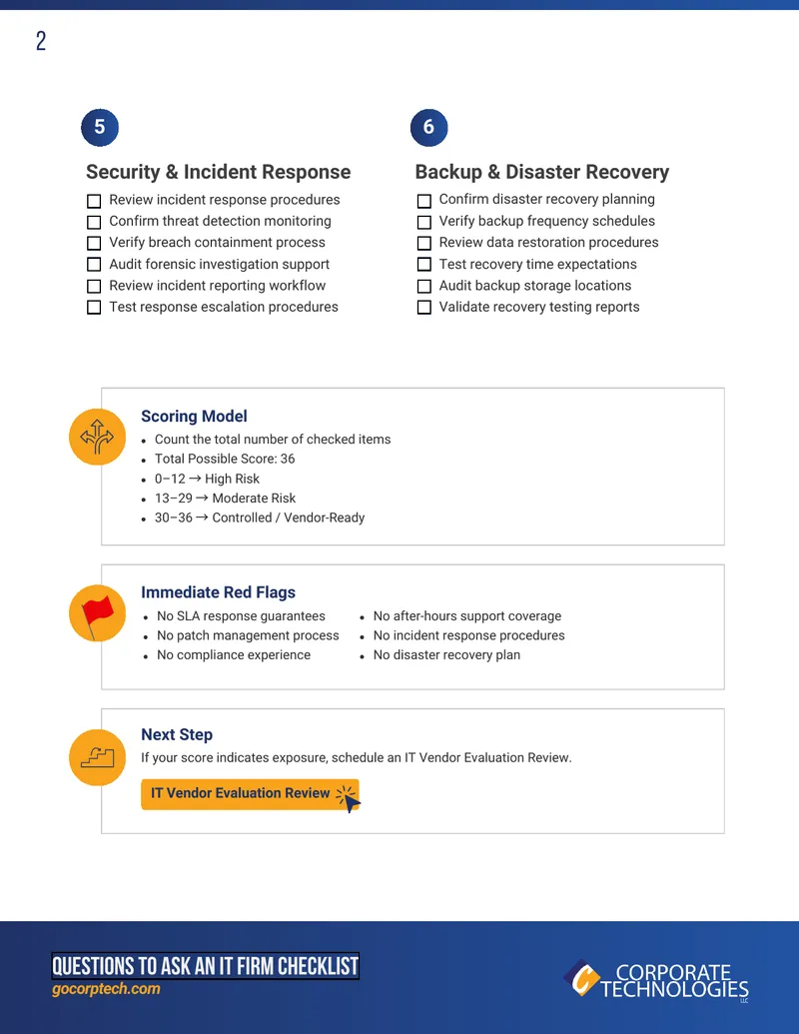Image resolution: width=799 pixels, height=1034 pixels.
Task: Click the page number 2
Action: pyautogui.click(x=41, y=41)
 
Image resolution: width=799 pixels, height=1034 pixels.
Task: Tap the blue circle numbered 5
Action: pyautogui.click(x=100, y=127)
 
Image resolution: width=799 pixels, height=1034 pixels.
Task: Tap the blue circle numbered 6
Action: pyautogui.click(x=428, y=127)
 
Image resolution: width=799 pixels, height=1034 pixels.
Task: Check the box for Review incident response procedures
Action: pyautogui.click(x=94, y=201)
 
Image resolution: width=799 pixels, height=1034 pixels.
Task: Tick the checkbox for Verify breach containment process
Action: pyautogui.click(x=94, y=244)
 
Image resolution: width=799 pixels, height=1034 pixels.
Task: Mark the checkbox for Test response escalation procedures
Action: pyautogui.click(x=94, y=308)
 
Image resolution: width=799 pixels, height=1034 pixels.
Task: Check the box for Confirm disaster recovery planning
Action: pyautogui.click(x=424, y=201)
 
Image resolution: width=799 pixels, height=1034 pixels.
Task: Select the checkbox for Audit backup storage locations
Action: pyautogui.click(x=424, y=286)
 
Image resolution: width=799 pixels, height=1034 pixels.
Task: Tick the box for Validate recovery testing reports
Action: pyautogui.click(x=424, y=308)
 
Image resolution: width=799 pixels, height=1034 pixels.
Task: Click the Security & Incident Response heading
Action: pyautogui.click(x=218, y=172)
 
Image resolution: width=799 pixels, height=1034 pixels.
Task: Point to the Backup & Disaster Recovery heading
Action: pyautogui.click(x=542, y=172)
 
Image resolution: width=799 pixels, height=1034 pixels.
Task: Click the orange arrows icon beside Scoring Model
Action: pyautogui.click(x=98, y=437)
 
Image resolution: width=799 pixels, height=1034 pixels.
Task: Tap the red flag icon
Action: pyautogui.click(x=98, y=613)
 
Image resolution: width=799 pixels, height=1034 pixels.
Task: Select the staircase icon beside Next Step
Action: pyautogui.click(x=98, y=757)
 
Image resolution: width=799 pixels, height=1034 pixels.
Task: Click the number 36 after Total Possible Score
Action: pyautogui.click(x=288, y=459)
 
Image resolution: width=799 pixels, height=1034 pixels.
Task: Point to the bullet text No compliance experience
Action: pyautogui.click(x=234, y=654)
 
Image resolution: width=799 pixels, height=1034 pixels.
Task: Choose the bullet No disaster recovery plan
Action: pyautogui.click(x=446, y=654)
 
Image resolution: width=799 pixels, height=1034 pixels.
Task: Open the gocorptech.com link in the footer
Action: pyautogui.click(x=106, y=989)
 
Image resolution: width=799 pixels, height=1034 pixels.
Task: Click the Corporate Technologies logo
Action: pyautogui.click(x=656, y=981)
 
